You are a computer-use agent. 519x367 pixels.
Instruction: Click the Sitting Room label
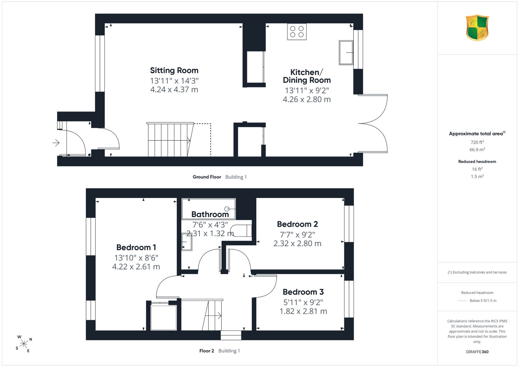pyautogui.click(x=174, y=70)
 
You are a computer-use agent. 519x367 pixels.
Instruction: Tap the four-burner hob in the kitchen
pyautogui.click(x=297, y=31)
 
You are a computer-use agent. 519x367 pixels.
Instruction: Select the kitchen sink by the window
pyautogui.click(x=346, y=53)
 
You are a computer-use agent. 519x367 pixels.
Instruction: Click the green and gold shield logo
pyautogui.click(x=477, y=28)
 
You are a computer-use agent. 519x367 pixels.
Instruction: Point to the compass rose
pyautogui.click(x=24, y=344)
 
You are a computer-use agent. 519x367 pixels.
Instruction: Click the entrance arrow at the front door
pyautogui.click(x=56, y=143)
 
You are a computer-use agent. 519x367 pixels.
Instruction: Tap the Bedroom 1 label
pyautogui.click(x=136, y=247)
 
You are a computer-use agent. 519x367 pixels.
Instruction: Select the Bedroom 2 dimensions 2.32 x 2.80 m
pyautogui.click(x=297, y=243)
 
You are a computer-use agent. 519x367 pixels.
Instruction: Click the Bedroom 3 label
pyautogui.click(x=303, y=292)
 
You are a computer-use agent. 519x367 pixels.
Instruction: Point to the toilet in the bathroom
pyautogui.click(x=241, y=231)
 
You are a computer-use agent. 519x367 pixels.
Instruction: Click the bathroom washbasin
pyautogui.click(x=187, y=242)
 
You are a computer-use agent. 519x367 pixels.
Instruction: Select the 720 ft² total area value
pyautogui.click(x=477, y=142)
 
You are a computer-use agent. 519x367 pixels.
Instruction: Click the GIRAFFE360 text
pyautogui.click(x=477, y=352)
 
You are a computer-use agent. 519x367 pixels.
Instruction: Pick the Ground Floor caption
pyautogui.click(x=207, y=177)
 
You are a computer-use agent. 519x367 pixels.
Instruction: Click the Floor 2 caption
pyautogui.click(x=207, y=351)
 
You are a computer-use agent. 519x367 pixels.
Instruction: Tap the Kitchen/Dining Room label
pyautogui.click(x=307, y=76)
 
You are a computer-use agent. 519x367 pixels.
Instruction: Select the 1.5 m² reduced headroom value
pyautogui.click(x=477, y=176)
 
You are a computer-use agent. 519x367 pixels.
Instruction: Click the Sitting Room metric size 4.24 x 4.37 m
pyautogui.click(x=174, y=89)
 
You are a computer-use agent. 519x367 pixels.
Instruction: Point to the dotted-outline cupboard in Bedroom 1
pyautogui.click(x=163, y=317)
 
